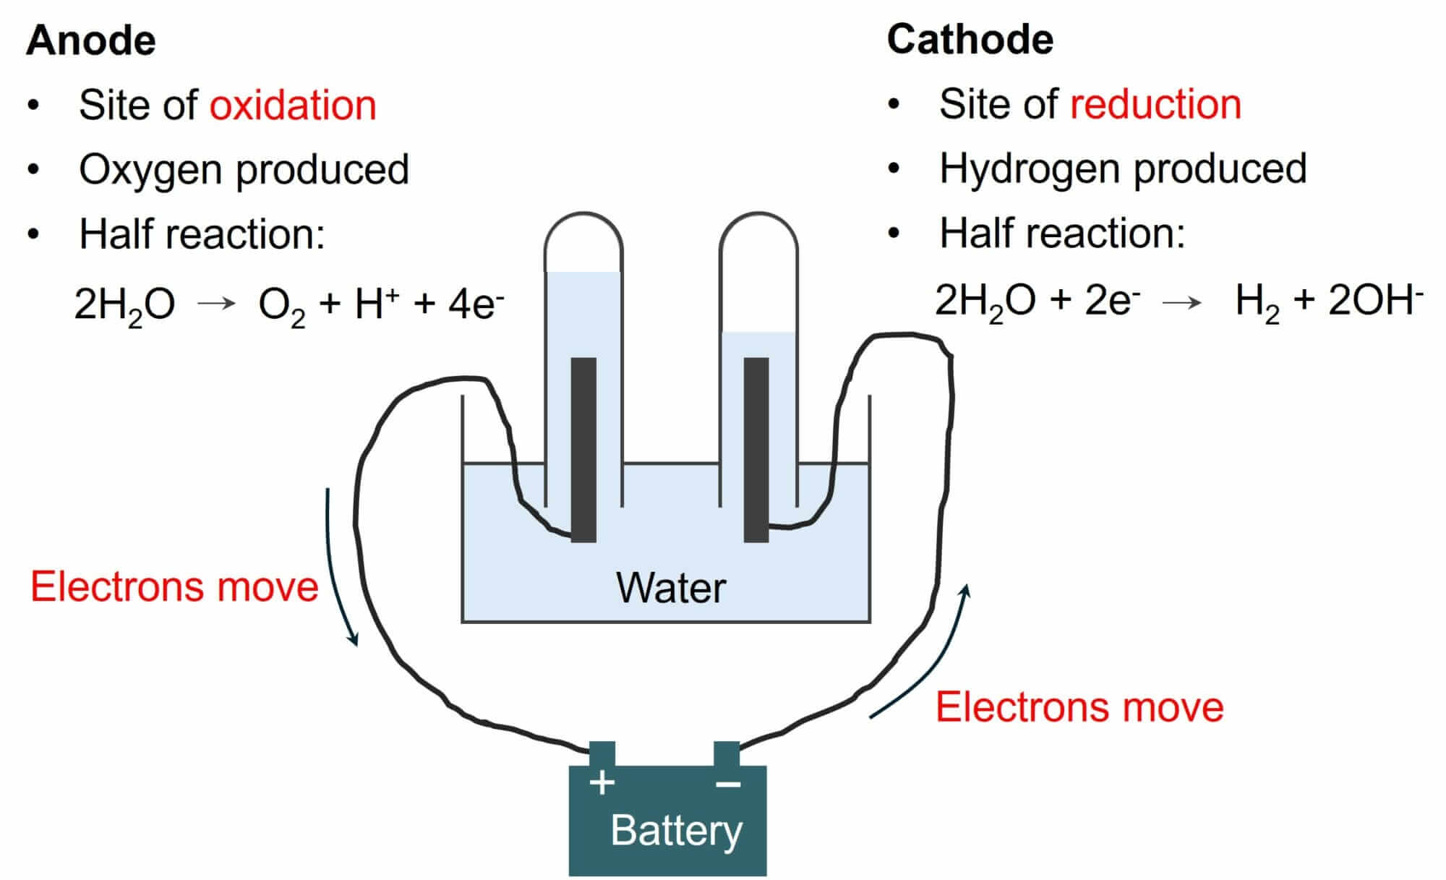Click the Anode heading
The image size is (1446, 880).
(x=91, y=40)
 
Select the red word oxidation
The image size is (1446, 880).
(x=293, y=106)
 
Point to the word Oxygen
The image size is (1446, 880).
(x=150, y=170)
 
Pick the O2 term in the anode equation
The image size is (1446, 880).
(x=281, y=304)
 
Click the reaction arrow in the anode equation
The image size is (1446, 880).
(x=217, y=304)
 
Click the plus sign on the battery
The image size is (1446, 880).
(x=602, y=782)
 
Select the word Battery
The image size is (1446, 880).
(x=676, y=831)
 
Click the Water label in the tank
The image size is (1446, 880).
(x=670, y=587)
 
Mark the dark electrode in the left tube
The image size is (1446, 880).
(x=583, y=448)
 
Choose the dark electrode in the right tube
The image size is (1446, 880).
(x=756, y=448)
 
